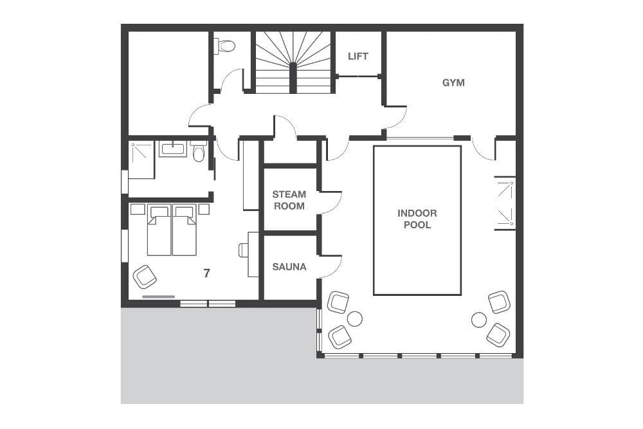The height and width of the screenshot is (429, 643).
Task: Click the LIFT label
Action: [x=358, y=56]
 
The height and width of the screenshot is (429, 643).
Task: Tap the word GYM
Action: [x=453, y=82]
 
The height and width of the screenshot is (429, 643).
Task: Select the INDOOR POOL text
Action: [x=417, y=219]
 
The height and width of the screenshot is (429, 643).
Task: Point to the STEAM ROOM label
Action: [x=289, y=199]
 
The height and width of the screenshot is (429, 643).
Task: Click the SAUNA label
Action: [x=289, y=266]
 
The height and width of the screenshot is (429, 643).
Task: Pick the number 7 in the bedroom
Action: [x=206, y=273]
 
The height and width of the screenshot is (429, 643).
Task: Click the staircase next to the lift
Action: [x=293, y=62]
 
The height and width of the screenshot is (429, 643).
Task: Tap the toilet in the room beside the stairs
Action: [x=226, y=46]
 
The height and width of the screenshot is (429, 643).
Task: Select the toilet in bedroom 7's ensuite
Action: [x=199, y=153]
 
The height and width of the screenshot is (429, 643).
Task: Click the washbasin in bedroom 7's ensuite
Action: [x=172, y=149]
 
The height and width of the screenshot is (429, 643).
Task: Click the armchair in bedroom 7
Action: [x=145, y=277]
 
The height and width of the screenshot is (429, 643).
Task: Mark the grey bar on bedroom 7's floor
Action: [x=158, y=297]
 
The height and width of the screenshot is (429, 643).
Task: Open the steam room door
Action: [x=331, y=202]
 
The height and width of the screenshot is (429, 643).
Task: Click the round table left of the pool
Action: [x=355, y=318]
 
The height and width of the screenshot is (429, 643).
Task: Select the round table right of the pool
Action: [x=478, y=319]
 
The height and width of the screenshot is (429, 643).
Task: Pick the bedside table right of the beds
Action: [x=204, y=209]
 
